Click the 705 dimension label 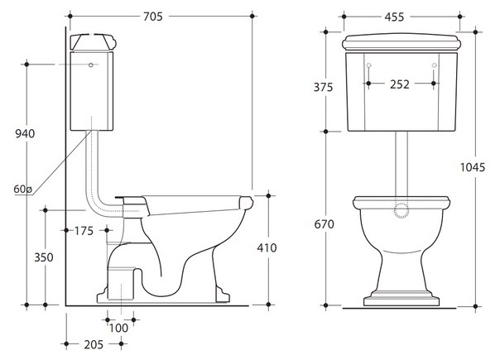(x=153, y=17)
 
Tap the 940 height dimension (x=25, y=133)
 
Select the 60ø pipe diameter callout (x=22, y=189)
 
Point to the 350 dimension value (x=44, y=257)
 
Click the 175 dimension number (x=84, y=231)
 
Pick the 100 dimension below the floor (x=118, y=328)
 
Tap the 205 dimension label (x=94, y=344)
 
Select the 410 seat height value (x=267, y=247)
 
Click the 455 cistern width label (x=394, y=17)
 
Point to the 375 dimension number (x=323, y=87)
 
